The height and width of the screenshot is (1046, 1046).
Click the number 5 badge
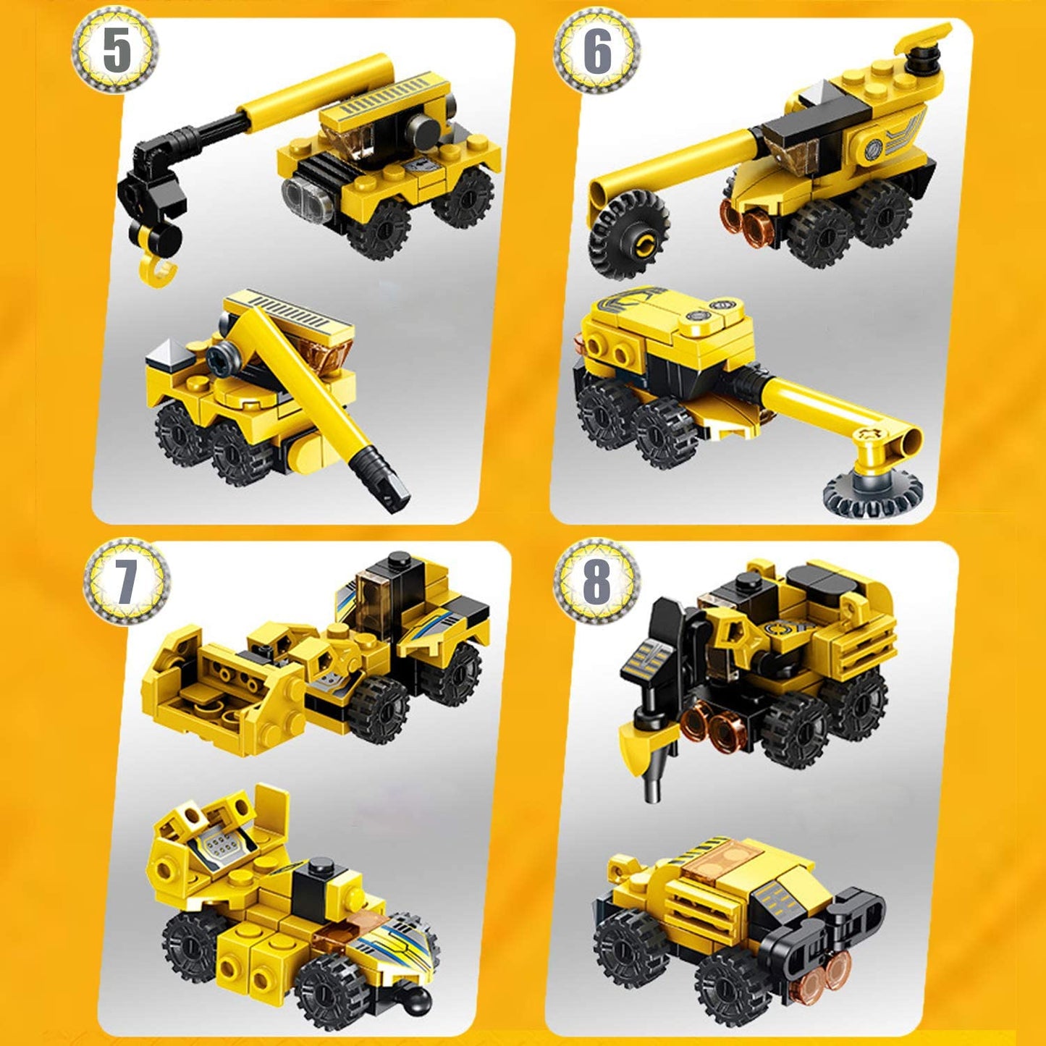click(x=117, y=50)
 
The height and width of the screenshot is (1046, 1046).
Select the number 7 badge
click(x=125, y=580)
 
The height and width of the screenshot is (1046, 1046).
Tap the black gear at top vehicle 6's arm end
click(x=627, y=232)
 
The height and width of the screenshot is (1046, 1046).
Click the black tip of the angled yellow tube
click(x=385, y=481)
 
